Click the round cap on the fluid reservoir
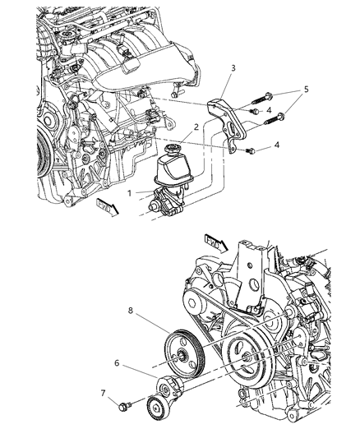coord(175,149)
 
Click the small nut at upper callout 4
coord(256,110)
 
